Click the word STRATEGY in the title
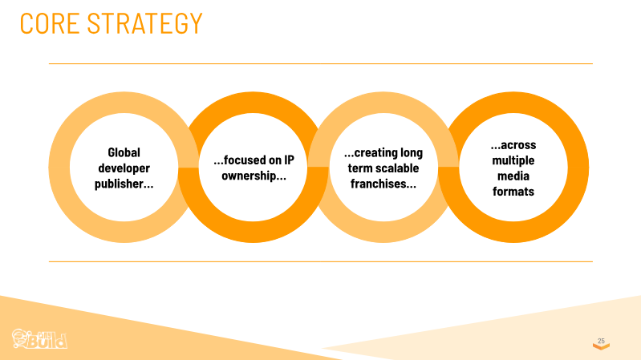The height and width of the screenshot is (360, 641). (145, 23)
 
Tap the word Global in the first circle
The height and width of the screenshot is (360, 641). (124, 152)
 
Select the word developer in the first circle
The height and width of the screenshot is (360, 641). (124, 168)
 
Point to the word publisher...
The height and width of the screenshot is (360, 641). (124, 184)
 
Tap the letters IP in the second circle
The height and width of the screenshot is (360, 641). (289, 160)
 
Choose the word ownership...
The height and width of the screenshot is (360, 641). (254, 176)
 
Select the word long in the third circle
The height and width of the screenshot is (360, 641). (412, 153)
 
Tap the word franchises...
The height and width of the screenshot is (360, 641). (383, 184)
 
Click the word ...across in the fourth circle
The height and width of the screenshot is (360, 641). (513, 145)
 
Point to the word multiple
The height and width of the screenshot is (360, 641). (513, 160)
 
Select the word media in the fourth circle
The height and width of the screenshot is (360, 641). (513, 176)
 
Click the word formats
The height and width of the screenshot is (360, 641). (513, 192)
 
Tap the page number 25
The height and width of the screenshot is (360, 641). (601, 341)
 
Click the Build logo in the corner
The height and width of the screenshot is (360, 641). (39, 339)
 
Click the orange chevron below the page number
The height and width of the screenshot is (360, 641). (601, 346)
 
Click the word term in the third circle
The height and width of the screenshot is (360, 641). (356, 168)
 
